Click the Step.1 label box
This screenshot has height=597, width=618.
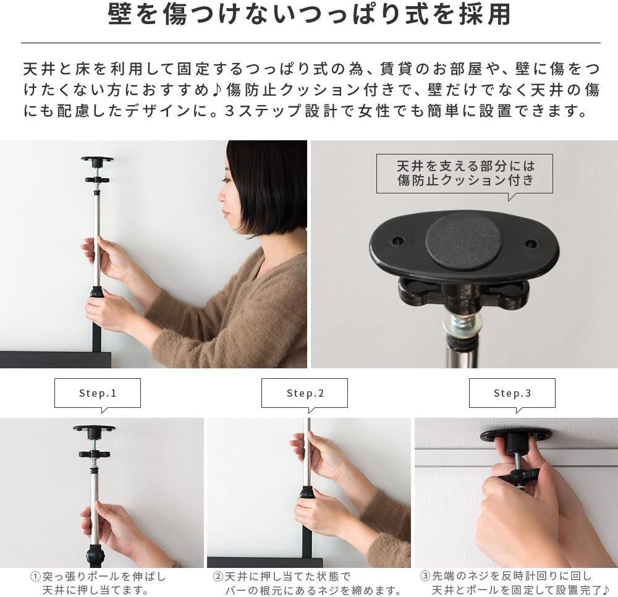point(98,393)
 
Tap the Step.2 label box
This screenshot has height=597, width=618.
point(305,393)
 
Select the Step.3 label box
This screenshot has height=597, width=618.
point(512,393)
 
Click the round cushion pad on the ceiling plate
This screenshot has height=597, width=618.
point(463,240)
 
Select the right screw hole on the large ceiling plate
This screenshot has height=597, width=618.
point(531,243)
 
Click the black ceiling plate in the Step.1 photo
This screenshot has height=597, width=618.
point(94,428)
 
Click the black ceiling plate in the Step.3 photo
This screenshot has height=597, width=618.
point(516,435)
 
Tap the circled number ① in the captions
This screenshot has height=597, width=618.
point(36,576)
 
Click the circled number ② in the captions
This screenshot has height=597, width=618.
point(218,576)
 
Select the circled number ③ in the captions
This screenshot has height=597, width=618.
point(425,576)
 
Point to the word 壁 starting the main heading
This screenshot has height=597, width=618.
point(120,15)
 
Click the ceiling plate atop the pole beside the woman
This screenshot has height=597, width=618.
point(97,160)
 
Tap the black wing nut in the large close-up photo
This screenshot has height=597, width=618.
point(463,294)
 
